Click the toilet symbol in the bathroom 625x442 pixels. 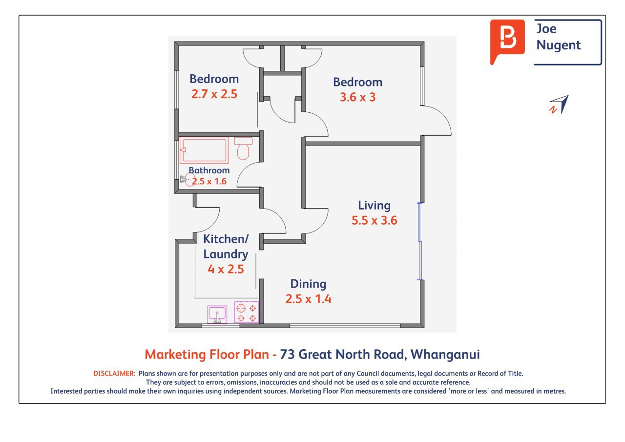coord(243,148)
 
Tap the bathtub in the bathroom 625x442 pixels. coord(204,150)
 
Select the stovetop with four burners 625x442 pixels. coord(247,312)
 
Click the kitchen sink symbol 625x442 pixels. coord(217,315)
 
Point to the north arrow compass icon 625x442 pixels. coord(559,105)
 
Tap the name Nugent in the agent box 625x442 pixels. coord(558,45)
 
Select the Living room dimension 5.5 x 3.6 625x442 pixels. coord(374,220)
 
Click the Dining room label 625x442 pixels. coord(308,284)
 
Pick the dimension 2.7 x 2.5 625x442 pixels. coord(214,94)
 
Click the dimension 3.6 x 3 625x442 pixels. coord(358,97)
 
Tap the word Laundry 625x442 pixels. coord(226,254)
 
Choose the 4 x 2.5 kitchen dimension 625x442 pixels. coord(226,269)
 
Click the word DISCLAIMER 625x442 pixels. coord(114,373)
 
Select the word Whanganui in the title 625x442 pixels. coord(445,355)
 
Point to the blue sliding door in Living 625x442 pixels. coord(420,241)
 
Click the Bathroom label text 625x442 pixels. coord(209,170)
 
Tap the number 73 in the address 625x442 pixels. coord(288,355)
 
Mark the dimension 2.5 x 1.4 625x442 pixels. coord(308,299)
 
